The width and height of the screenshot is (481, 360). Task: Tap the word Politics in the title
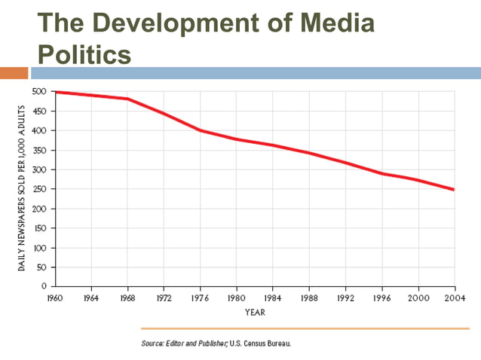(84, 53)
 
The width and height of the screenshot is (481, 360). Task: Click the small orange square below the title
(14, 73)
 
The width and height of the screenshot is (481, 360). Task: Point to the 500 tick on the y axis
(40, 91)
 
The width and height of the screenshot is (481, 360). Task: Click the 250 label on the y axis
(40, 189)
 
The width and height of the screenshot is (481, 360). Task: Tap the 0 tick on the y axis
(44, 286)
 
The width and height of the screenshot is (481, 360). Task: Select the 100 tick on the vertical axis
(40, 248)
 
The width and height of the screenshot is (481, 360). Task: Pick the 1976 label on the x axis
(200, 297)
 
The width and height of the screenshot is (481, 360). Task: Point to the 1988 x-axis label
(308, 297)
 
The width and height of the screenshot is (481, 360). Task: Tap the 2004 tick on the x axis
(455, 297)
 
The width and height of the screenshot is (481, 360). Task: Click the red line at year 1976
(200, 130)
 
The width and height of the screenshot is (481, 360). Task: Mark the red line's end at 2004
(454, 189)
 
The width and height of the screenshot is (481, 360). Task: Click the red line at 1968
(126, 99)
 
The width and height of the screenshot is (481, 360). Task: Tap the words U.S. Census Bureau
(259, 343)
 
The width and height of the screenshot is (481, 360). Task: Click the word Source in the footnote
(153, 343)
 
